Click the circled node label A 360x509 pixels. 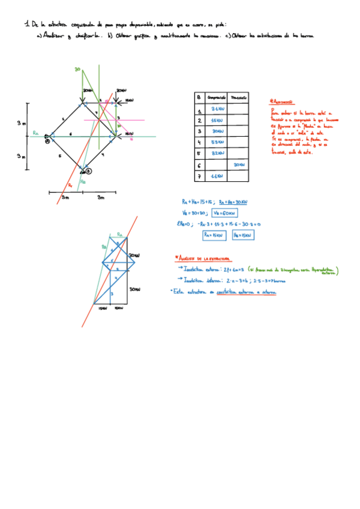(47, 142)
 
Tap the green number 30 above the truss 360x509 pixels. (77, 70)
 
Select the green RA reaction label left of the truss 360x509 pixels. (36, 132)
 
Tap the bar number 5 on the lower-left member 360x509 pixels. (59, 155)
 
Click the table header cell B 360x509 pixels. (198, 97)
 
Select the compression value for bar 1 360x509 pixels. (217, 109)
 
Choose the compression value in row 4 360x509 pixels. (217, 142)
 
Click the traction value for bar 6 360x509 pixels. (239, 164)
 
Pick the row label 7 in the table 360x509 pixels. (198, 176)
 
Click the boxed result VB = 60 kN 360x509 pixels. (226, 212)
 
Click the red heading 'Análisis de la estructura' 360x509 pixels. (201, 258)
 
